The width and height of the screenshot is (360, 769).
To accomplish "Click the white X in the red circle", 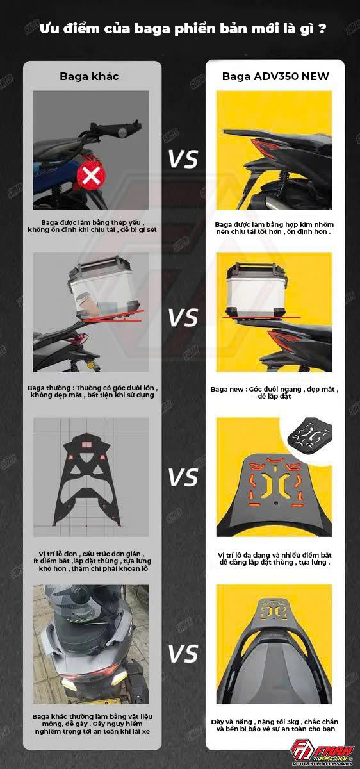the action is tap(92, 176).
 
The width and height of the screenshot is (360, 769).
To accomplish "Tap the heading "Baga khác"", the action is tap(89, 76).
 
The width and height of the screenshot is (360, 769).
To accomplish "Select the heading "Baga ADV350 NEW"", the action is tap(275, 76).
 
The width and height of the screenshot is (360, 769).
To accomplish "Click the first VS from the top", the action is tap(183, 160).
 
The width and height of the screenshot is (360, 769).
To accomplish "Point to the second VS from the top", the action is tap(183, 317).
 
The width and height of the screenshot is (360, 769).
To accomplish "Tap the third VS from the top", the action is tap(183, 477).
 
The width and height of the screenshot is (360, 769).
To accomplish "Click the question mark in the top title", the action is tap(322, 28).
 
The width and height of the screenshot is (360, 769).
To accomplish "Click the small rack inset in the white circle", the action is tap(309, 434).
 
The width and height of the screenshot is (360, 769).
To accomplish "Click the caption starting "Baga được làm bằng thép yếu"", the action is tap(92, 226).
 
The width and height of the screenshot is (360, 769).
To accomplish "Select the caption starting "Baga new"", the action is tap(275, 393).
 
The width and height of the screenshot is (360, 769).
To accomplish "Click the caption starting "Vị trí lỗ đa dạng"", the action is tap(275, 559).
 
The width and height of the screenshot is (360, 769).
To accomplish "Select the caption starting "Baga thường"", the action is tap(92, 392).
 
